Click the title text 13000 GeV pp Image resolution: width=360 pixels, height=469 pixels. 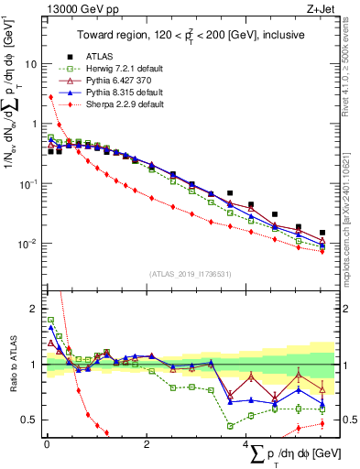point(73,8)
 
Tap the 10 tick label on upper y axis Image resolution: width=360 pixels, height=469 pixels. point(31,64)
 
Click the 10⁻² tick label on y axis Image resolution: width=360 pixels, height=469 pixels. point(29,244)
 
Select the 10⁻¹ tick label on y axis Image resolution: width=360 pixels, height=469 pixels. point(29,184)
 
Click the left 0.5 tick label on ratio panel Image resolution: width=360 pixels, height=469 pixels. point(30,420)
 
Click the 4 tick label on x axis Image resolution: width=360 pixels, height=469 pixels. point(245,444)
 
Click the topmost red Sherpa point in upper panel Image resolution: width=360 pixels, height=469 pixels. point(50,96)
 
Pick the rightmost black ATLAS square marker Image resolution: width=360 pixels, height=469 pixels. point(322,233)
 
